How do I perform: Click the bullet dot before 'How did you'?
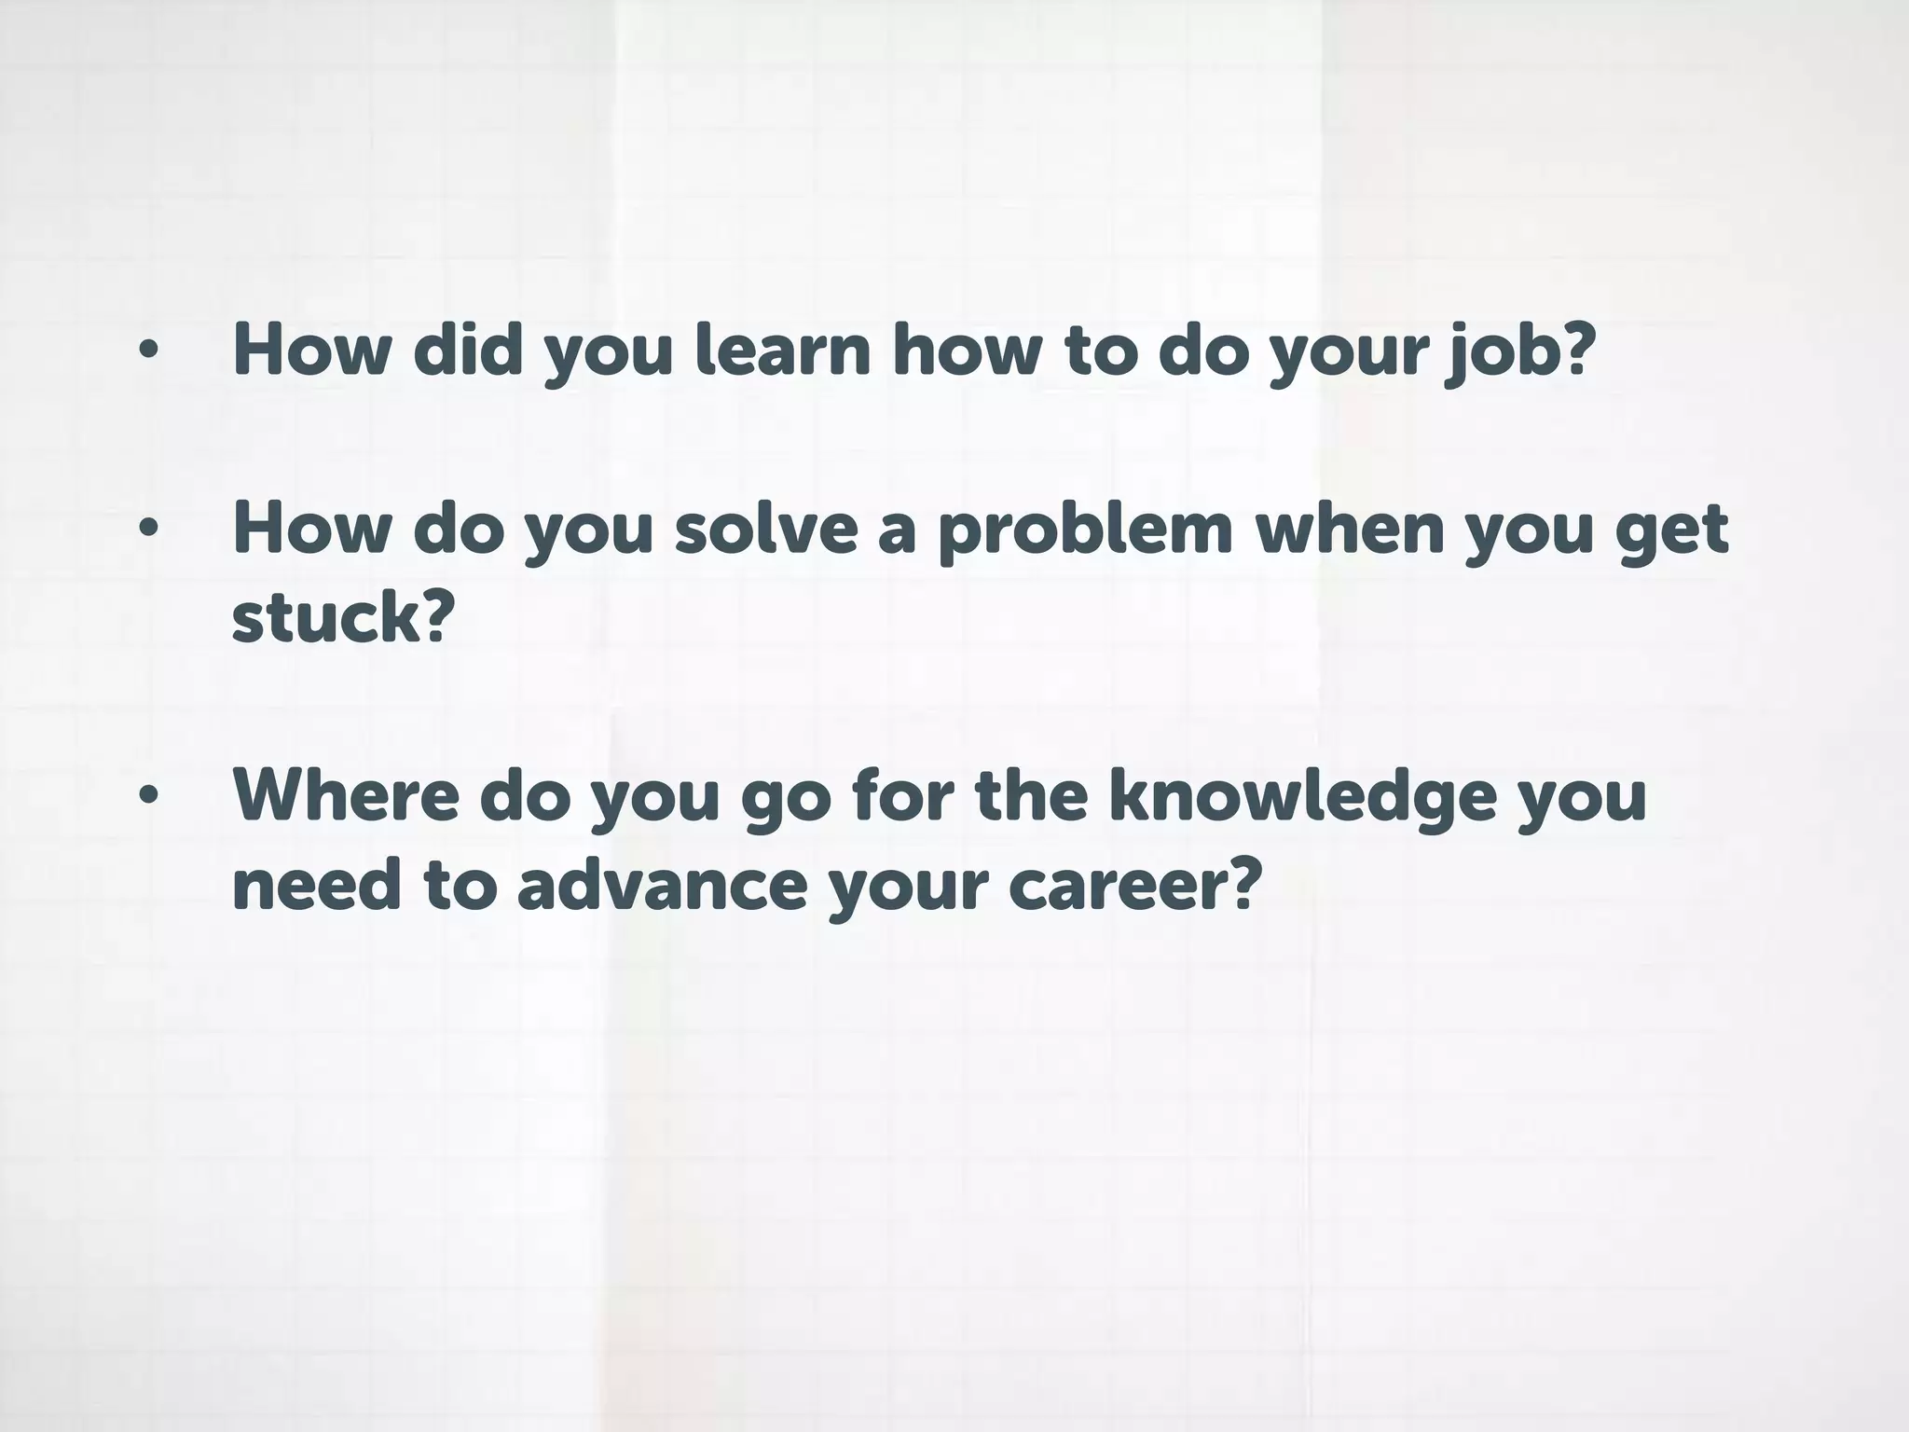[148, 351]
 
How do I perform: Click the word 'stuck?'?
[342, 617]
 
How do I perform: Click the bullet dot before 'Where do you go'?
[148, 797]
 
